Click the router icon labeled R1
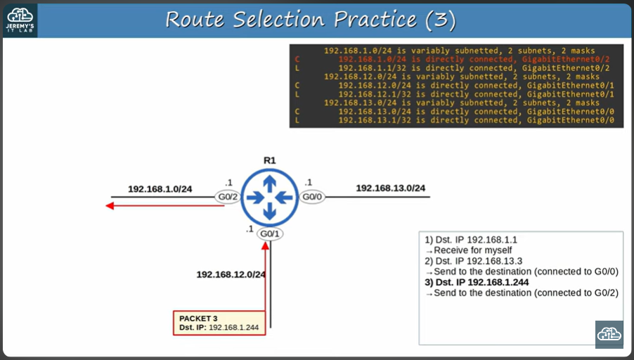[x=270, y=197]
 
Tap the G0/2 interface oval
[x=226, y=198]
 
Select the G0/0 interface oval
[x=313, y=198]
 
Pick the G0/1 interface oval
[x=269, y=233]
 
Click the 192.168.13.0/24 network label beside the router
[x=390, y=188]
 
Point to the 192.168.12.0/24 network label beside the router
[x=231, y=274]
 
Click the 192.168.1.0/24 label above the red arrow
[x=160, y=189]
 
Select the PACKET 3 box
[x=219, y=323]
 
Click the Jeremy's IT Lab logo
[x=20, y=20]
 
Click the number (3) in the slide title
[x=441, y=20]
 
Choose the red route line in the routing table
[x=457, y=60]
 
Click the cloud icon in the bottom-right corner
[x=609, y=334]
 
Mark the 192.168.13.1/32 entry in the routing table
[x=457, y=120]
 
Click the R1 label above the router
[x=270, y=160]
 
